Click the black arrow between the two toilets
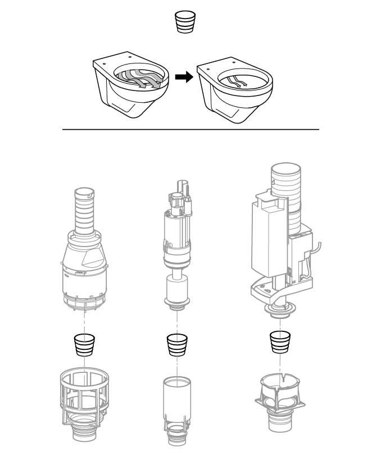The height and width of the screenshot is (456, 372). (x=183, y=78)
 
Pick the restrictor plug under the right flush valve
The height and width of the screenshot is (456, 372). (x=279, y=341)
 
